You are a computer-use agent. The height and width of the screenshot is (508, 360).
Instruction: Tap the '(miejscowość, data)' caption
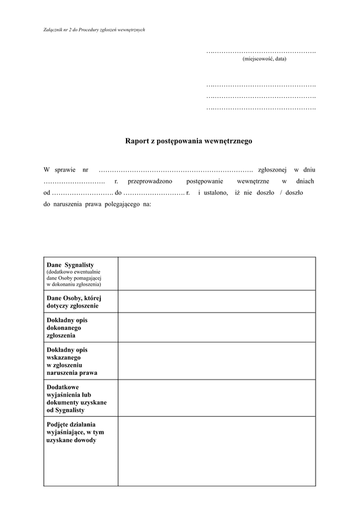click(x=264, y=59)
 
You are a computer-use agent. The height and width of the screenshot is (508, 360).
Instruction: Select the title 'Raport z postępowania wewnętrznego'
click(x=188, y=142)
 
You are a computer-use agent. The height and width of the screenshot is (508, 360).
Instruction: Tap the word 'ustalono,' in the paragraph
click(x=213, y=193)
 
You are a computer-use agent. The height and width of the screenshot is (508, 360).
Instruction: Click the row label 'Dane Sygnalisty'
click(x=70, y=264)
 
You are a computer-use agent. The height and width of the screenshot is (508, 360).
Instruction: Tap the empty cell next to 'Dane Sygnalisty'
click(x=216, y=273)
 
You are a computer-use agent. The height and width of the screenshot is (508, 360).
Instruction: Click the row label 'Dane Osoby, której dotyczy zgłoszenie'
click(x=74, y=302)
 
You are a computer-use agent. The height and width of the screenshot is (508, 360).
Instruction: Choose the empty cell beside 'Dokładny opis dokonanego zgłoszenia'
click(x=216, y=327)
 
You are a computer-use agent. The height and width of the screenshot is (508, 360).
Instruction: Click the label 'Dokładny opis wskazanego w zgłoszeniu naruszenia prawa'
click(x=71, y=360)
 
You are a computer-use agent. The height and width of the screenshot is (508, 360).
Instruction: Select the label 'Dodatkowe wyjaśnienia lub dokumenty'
click(x=76, y=398)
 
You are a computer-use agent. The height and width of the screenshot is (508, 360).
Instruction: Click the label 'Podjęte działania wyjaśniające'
click(x=75, y=432)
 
